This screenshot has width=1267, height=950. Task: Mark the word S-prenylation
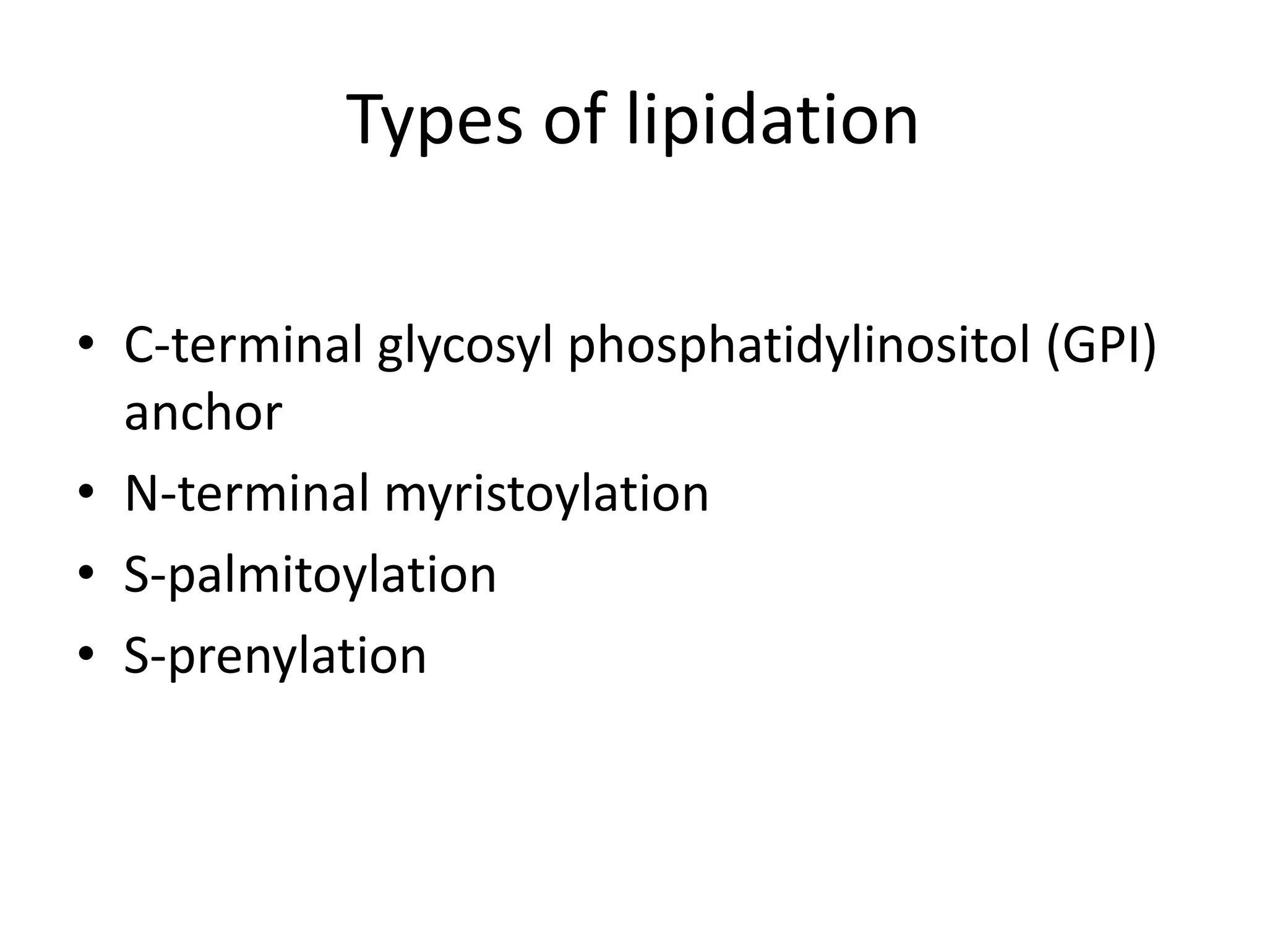pos(275,657)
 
